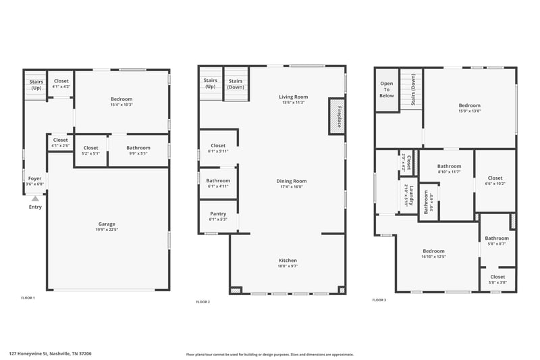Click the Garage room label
coord(107,224)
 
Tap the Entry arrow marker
coord(35,199)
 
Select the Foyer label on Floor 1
coord(34,179)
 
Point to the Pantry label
coord(217,213)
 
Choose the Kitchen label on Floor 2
coord(288,260)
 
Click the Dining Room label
coord(291,181)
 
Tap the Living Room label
coord(293,97)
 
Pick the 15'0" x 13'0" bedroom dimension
coord(469,111)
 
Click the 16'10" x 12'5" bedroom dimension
coord(433,257)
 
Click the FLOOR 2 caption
coord(202,302)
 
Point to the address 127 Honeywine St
coord(50,353)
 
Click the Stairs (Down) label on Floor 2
coord(236,84)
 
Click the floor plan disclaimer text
coord(269,354)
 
